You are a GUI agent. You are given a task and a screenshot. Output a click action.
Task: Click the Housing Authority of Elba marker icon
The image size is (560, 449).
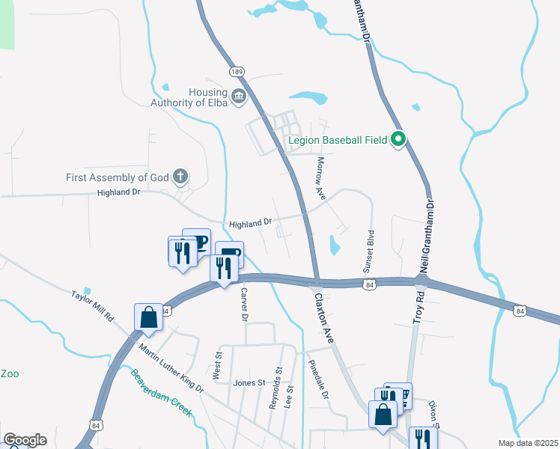tap(239, 96)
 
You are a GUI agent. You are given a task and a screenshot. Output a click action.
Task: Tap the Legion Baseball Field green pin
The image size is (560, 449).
tap(399, 138)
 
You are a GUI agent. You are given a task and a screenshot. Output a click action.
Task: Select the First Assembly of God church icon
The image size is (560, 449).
tap(180, 177)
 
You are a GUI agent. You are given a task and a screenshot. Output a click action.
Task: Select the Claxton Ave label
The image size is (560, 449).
tap(323, 318)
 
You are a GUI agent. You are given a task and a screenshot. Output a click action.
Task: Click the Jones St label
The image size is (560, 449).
tap(249, 382)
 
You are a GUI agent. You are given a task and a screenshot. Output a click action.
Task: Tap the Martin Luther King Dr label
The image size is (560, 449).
tap(171, 366)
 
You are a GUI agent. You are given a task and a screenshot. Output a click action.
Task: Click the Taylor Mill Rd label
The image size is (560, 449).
tap(92, 306)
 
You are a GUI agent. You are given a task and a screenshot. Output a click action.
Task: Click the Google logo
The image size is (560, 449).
tap(25, 439)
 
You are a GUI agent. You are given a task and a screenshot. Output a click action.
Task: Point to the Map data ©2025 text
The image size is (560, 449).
tap(528, 443)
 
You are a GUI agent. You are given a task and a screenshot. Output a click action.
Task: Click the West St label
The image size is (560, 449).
tap(218, 367)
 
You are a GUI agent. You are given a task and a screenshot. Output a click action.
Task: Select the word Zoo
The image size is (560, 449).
tap(9, 373)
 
